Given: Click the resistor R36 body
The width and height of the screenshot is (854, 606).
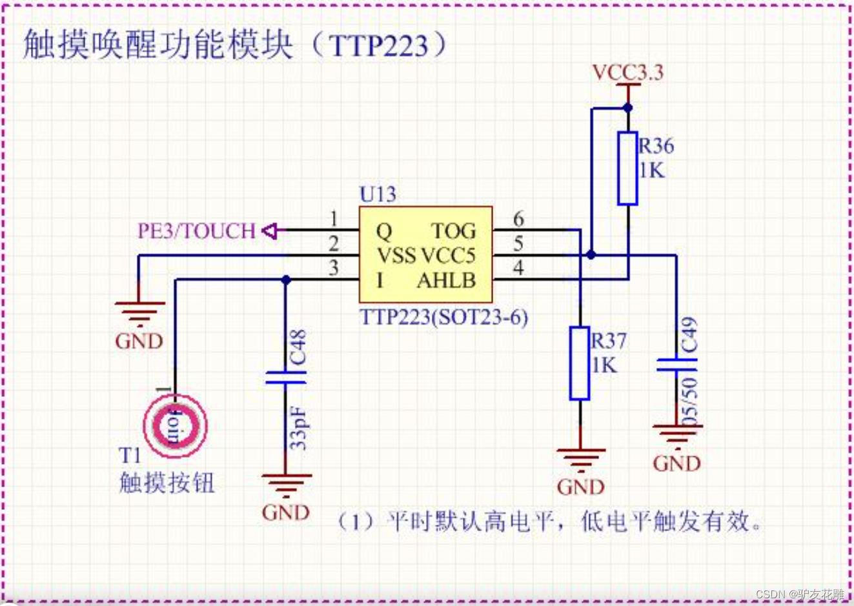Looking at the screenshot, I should pyautogui.click(x=627, y=168).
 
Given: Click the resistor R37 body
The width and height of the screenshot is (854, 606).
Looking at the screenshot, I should pyautogui.click(x=580, y=363).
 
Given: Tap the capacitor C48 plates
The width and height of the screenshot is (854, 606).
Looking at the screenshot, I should pyautogui.click(x=285, y=377).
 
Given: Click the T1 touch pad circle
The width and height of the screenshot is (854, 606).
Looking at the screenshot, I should pyautogui.click(x=175, y=426).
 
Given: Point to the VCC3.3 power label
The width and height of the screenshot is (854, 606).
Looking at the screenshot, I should pyautogui.click(x=627, y=72).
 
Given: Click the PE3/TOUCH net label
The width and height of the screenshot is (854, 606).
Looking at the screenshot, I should pyautogui.click(x=196, y=230).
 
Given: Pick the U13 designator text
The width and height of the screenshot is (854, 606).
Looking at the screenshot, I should pyautogui.click(x=378, y=194).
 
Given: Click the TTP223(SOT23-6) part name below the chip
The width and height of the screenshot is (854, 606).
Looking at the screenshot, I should pyautogui.click(x=443, y=317).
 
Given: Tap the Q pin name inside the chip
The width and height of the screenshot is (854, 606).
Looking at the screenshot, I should pyautogui.click(x=383, y=231).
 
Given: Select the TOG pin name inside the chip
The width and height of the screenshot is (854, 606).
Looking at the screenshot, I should pyautogui.click(x=453, y=231).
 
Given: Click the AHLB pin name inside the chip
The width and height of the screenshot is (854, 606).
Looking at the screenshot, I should pyautogui.click(x=447, y=280).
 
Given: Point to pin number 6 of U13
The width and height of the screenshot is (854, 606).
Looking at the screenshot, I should pyautogui.click(x=518, y=219).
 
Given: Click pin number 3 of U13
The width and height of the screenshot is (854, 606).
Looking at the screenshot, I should pyautogui.click(x=333, y=268).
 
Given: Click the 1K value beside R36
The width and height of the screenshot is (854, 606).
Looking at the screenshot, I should pyautogui.click(x=651, y=170).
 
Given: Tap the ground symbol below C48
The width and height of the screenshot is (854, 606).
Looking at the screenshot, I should pyautogui.click(x=286, y=483).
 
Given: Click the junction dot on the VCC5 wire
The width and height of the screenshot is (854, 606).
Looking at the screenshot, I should pyautogui.click(x=591, y=256).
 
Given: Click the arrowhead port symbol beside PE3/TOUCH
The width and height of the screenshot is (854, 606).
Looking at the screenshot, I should pyautogui.click(x=269, y=230).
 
